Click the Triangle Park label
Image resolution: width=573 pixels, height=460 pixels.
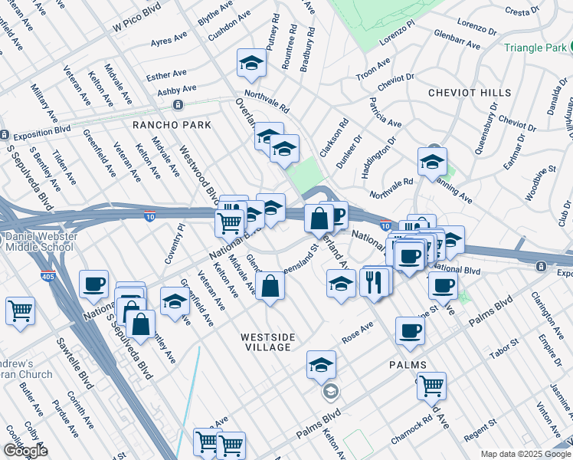pyautogui.click(x=536, y=47)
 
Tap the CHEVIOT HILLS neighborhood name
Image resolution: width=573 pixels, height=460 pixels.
pyautogui.click(x=470, y=93)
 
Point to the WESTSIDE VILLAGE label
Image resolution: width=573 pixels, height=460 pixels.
pyautogui.click(x=266, y=342)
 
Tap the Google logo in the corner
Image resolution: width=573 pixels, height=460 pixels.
pyautogui.click(x=25, y=451)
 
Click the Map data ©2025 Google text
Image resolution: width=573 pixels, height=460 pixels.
pyautogui.click(x=525, y=454)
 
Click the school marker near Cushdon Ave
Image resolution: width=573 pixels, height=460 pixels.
pyautogui.click(x=250, y=64)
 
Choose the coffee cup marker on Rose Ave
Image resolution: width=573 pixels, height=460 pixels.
pyautogui.click(x=410, y=331)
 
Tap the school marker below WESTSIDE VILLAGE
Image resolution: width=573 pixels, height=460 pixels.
pyautogui.click(x=321, y=364)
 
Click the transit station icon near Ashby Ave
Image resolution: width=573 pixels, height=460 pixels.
pyautogui.click(x=178, y=105)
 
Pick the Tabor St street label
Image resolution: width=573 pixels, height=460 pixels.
pyautogui.click(x=504, y=350)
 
